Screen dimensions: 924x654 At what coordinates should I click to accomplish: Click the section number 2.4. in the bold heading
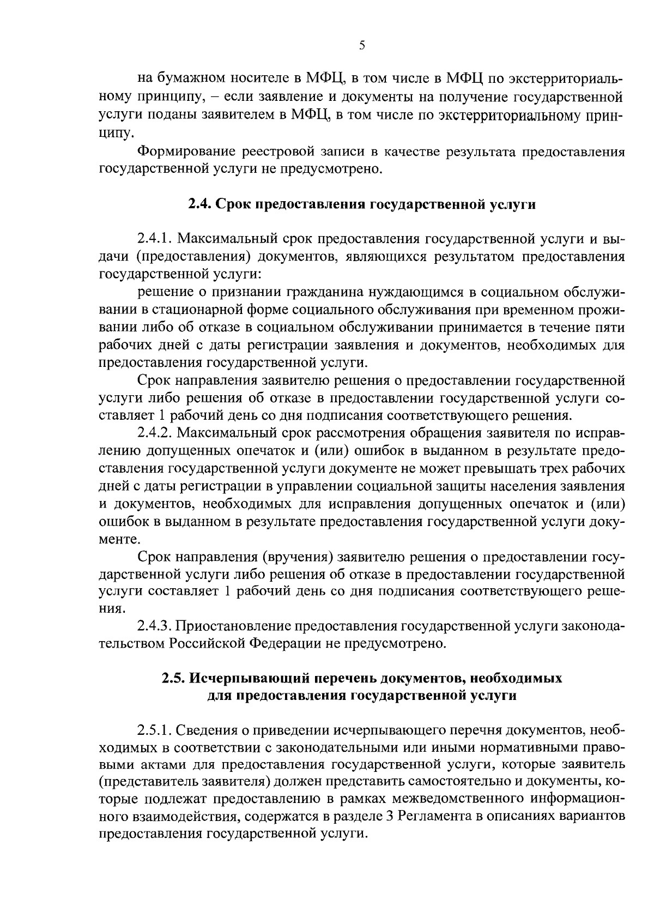(199, 205)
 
